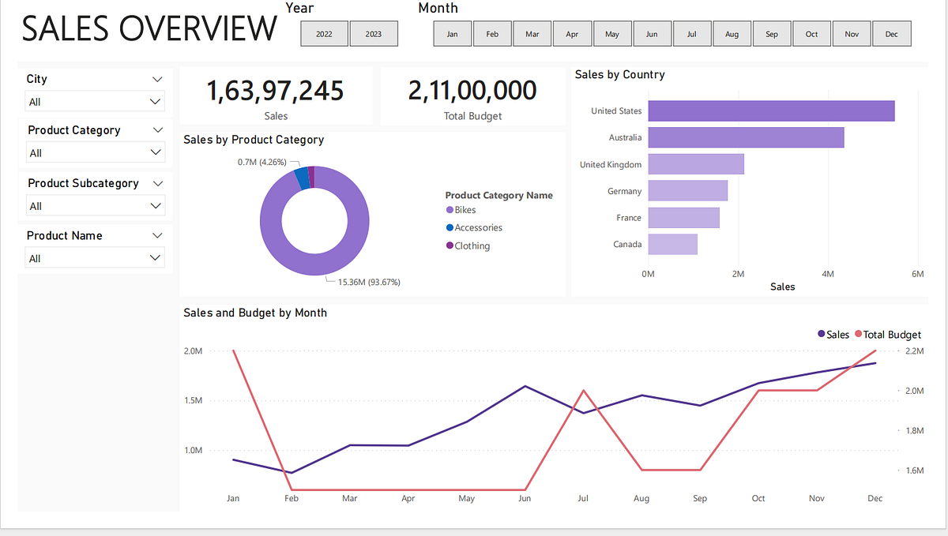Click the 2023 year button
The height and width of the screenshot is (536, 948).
[374, 34]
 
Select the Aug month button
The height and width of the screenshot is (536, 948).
[732, 34]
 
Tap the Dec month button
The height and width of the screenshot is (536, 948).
[891, 34]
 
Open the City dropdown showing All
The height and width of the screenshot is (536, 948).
[95, 102]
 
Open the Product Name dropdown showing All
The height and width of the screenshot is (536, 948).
[95, 258]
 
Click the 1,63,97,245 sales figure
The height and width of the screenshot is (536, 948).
[275, 91]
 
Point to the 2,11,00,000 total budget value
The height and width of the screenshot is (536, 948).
[472, 91]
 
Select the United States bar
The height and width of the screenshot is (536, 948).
[770, 111]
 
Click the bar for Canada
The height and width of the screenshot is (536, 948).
[672, 244]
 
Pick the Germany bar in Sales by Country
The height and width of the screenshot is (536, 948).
[687, 191]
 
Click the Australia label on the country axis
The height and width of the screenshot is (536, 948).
[625, 138]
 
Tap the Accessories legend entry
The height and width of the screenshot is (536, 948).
[478, 227]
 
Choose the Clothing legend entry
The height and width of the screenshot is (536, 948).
[472, 246]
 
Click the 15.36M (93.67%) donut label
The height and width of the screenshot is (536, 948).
[363, 282]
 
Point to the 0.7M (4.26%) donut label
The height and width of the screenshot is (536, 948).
[267, 162]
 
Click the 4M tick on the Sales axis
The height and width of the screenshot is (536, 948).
[827, 274]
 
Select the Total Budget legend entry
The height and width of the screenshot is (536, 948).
[892, 335]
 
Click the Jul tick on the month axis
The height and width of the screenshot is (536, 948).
[583, 498]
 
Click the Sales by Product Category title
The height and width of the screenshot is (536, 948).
[254, 140]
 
